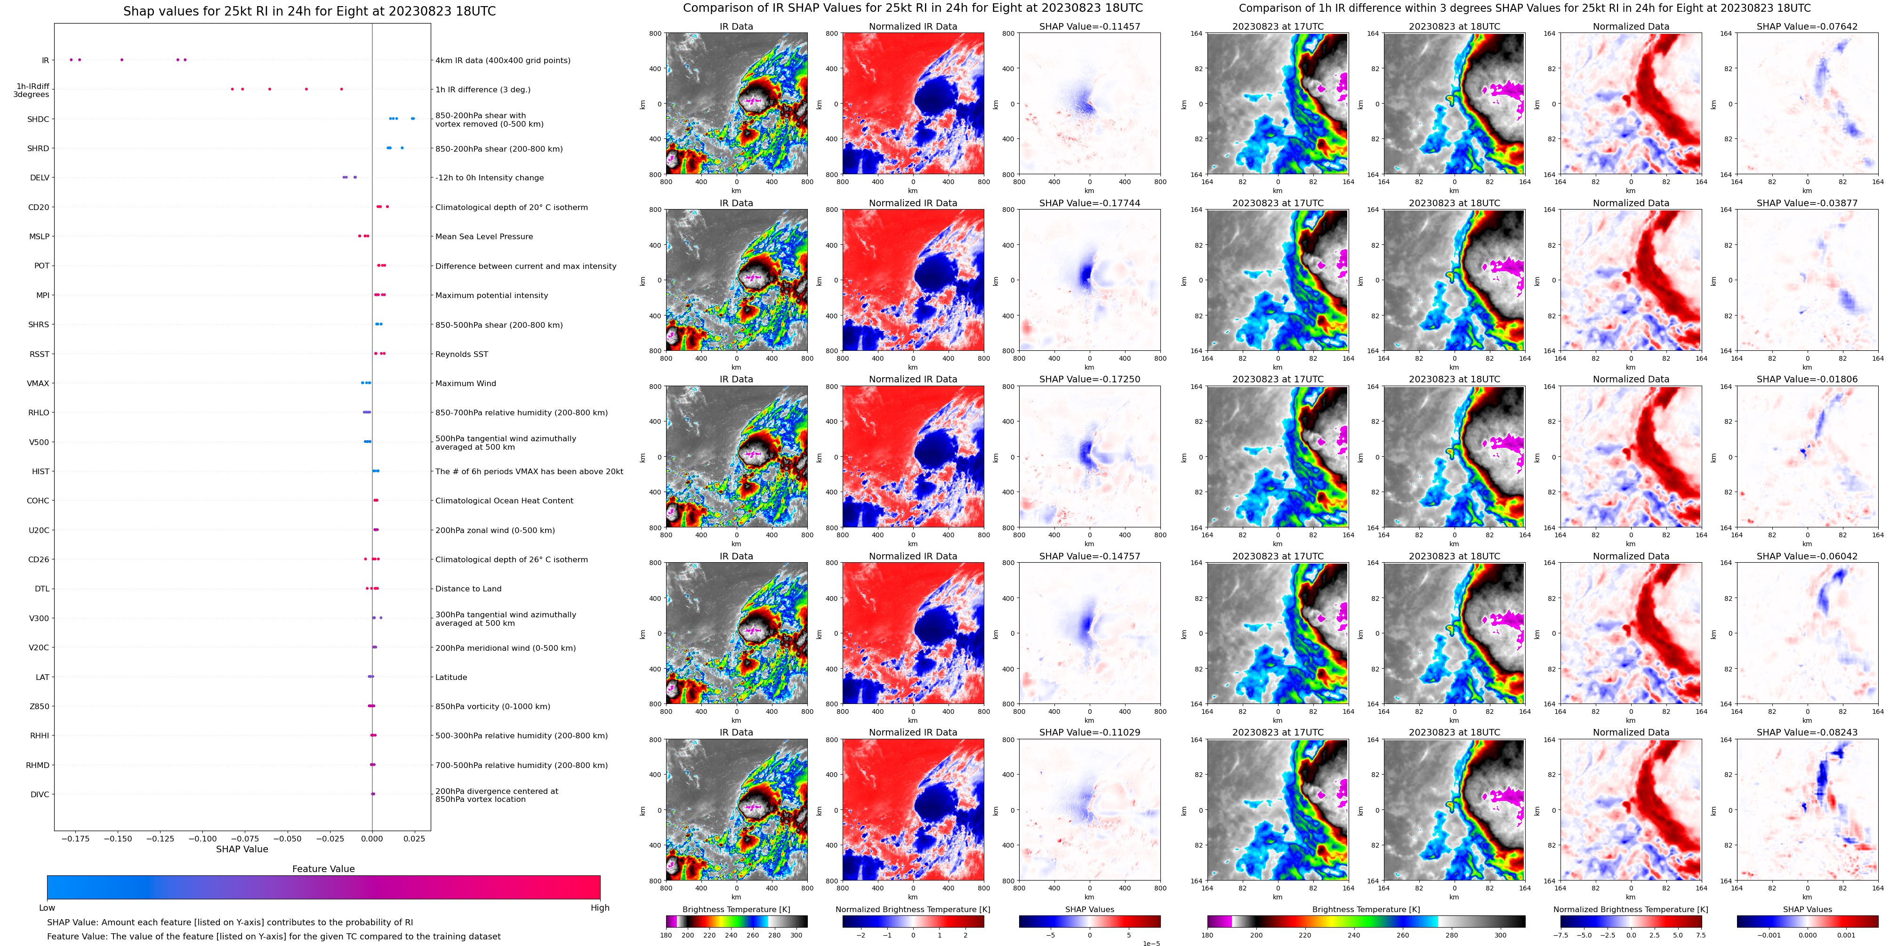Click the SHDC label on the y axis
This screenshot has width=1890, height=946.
point(38,119)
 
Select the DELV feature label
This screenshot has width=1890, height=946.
point(40,178)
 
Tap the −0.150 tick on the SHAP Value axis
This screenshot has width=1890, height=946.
point(117,839)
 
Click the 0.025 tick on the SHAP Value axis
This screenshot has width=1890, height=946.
point(414,839)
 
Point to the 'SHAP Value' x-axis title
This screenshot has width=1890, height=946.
point(242,849)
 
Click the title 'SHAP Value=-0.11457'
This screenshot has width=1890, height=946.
point(1090,26)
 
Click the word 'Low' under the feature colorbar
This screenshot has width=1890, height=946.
point(47,908)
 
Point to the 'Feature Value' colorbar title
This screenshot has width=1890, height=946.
point(323,869)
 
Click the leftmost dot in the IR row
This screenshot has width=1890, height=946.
point(71,59)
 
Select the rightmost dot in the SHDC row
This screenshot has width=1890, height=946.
point(413,118)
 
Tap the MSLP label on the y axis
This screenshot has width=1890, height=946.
point(39,236)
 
